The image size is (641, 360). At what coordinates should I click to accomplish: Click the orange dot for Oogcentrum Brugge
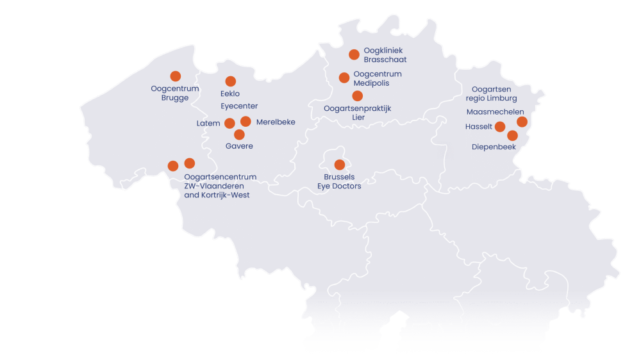pos(175,76)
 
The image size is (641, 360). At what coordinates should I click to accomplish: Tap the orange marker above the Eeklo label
pos(231,81)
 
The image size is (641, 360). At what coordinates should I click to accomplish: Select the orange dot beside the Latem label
pos(229,123)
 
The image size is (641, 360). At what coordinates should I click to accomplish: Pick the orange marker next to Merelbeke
pos(246,121)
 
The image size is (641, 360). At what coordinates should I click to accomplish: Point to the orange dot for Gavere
pos(239,135)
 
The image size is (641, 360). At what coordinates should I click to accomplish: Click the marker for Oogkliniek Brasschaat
pos(354,54)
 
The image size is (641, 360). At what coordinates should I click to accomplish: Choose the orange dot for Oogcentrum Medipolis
pos(344,78)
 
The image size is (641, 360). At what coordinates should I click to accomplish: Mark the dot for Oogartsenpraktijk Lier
pos(358,96)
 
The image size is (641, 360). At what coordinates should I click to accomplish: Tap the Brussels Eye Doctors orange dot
pos(340,165)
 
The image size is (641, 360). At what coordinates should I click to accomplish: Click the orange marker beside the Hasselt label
pos(500,127)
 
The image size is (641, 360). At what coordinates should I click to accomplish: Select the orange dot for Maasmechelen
pos(522,122)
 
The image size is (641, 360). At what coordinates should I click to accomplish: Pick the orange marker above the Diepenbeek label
pos(512,135)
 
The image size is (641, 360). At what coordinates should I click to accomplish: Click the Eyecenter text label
pos(239,106)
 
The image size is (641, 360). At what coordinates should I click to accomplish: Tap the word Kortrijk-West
pos(225,195)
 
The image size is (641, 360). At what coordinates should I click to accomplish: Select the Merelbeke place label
pos(276,122)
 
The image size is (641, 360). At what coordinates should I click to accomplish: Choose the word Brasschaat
pos(385,60)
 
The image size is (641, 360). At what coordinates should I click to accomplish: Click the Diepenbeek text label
pos(494,147)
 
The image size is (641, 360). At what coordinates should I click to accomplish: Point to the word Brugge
pos(175,98)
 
